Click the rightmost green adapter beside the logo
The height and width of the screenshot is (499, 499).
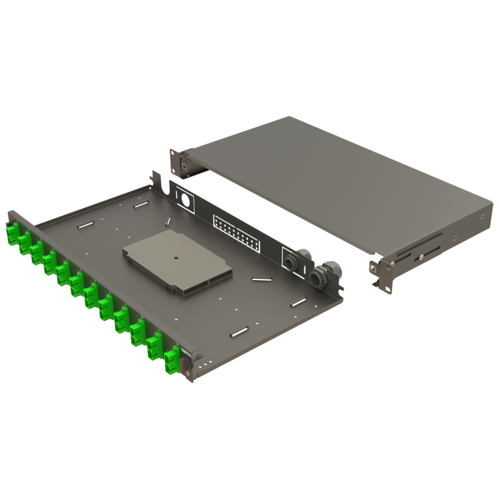click(172, 360)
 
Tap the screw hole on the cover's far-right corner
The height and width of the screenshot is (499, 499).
click(483, 217)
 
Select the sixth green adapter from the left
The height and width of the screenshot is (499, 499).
click(77, 283)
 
